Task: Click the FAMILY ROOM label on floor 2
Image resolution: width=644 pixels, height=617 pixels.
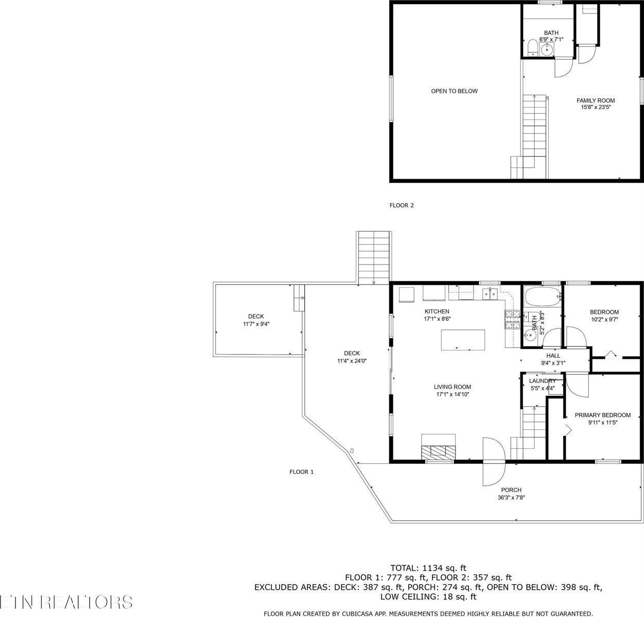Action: coord(595,101)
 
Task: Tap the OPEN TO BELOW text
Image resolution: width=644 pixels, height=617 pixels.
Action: coord(454,91)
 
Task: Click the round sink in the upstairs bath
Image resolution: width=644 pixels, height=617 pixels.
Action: coord(547,50)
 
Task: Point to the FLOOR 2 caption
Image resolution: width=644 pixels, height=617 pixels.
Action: coord(401,205)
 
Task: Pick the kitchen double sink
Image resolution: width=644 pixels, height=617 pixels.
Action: coord(490,294)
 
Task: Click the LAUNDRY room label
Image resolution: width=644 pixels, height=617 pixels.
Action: coord(542,381)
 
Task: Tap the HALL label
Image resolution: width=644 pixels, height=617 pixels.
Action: coord(553,356)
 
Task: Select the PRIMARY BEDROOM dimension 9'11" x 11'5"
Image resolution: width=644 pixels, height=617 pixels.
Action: coord(602,422)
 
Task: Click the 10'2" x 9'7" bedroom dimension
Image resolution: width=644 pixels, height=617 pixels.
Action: coord(604,319)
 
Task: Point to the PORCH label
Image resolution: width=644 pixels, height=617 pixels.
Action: coord(511,490)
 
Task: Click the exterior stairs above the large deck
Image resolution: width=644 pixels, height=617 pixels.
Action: coord(374,257)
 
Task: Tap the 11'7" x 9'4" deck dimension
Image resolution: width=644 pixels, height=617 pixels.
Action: coord(256,324)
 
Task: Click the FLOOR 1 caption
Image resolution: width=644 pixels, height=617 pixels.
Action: coord(301,472)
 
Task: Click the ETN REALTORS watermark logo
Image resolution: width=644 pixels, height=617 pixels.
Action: coord(66,602)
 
